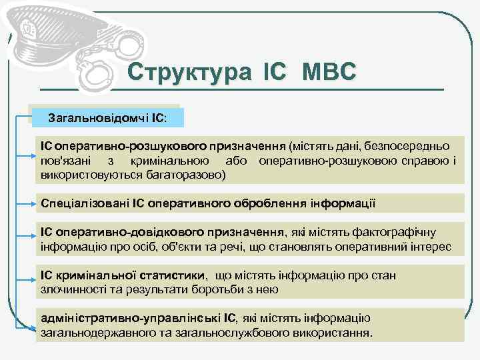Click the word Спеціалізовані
[x=85, y=203]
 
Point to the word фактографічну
[x=397, y=232]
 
